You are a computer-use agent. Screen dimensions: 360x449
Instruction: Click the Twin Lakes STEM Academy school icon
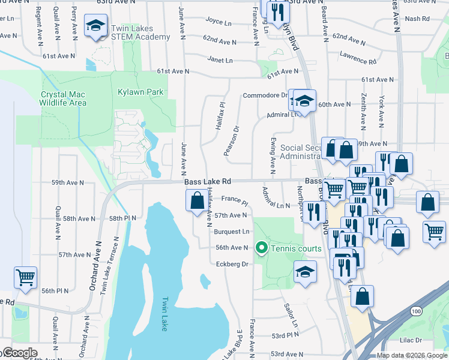click(x=95, y=26)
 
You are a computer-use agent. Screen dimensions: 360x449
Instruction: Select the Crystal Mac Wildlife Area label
click(x=63, y=98)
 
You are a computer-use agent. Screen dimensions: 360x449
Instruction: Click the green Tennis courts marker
click(x=261, y=247)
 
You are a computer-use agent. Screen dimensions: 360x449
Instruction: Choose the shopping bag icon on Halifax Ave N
click(x=196, y=201)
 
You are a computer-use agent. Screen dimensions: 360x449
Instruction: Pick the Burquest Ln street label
click(x=231, y=232)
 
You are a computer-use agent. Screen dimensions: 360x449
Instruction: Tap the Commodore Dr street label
click(x=265, y=95)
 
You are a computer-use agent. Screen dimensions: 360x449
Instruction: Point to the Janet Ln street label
click(x=220, y=61)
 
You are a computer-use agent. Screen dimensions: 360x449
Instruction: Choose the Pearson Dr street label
click(x=232, y=142)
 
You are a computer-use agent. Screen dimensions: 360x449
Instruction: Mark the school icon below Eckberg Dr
click(x=305, y=272)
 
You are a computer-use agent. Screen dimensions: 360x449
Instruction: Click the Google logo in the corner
click(x=19, y=353)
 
